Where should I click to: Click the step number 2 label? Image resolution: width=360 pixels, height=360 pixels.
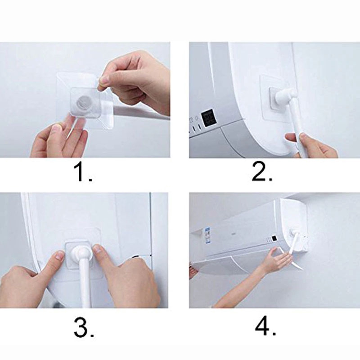(x=262, y=172)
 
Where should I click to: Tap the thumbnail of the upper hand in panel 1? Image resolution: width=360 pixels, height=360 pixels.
(x=104, y=80)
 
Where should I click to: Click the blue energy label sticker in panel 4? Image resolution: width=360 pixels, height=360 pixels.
(x=208, y=235)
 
